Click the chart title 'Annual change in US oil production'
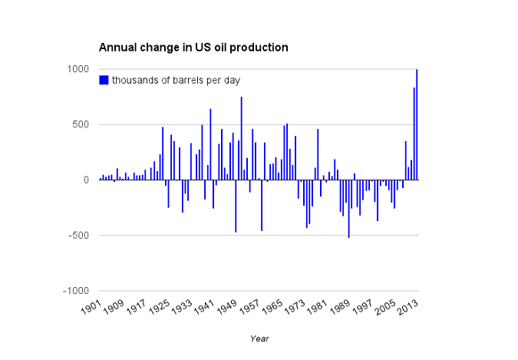tap(193, 48)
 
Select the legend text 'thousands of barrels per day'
tap(177, 80)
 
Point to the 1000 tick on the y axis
tap(81, 69)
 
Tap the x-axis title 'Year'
tap(259, 338)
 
